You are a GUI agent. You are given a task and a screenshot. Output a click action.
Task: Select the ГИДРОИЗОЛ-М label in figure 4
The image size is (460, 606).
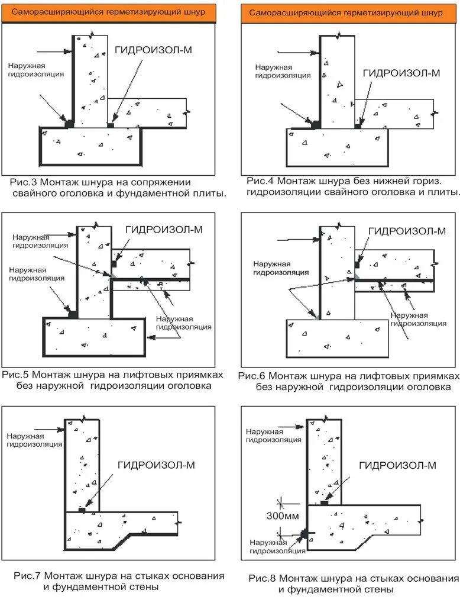[x=401, y=73]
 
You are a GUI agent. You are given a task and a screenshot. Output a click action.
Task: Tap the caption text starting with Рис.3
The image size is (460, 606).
[x=118, y=188]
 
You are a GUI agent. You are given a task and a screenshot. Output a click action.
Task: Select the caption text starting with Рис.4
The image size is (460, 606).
[x=353, y=186]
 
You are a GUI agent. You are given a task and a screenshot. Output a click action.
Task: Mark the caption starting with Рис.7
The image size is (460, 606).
[x=118, y=582]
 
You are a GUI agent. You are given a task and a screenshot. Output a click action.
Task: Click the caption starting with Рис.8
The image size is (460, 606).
[x=353, y=584]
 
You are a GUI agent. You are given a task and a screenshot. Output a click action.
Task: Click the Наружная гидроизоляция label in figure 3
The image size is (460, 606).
[x=36, y=70]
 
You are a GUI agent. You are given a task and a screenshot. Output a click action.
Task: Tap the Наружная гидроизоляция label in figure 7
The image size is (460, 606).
[x=34, y=440]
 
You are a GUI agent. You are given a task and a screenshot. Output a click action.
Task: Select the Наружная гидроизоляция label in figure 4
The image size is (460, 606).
[x=283, y=71]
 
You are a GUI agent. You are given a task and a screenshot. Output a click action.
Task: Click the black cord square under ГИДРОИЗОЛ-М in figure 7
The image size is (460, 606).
[x=82, y=509]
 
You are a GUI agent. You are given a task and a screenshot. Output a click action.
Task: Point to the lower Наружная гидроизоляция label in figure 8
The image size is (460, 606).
[x=277, y=546]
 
